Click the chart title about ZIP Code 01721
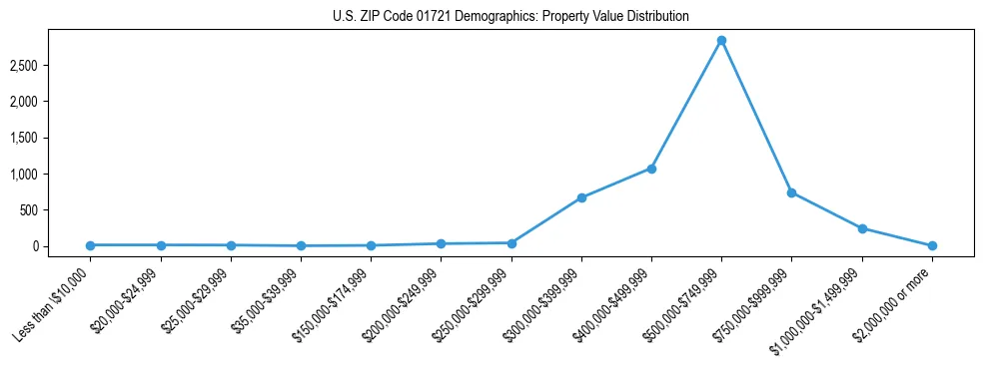[x=510, y=17]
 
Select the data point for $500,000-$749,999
[x=721, y=41]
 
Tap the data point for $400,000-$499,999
[x=651, y=169]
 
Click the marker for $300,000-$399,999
[x=581, y=197]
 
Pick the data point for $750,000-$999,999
[x=791, y=192]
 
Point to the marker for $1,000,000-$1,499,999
[x=861, y=228]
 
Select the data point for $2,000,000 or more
[x=931, y=245]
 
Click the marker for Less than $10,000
[x=91, y=245]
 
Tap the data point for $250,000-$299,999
[x=511, y=243]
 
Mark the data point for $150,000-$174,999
[x=371, y=245]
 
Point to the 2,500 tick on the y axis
[x=52, y=66]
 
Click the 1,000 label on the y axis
[x=52, y=175]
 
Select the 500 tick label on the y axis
[x=57, y=210]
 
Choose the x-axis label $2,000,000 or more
[x=897, y=301]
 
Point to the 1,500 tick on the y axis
[x=52, y=138]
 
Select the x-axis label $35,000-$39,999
[x=267, y=301]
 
